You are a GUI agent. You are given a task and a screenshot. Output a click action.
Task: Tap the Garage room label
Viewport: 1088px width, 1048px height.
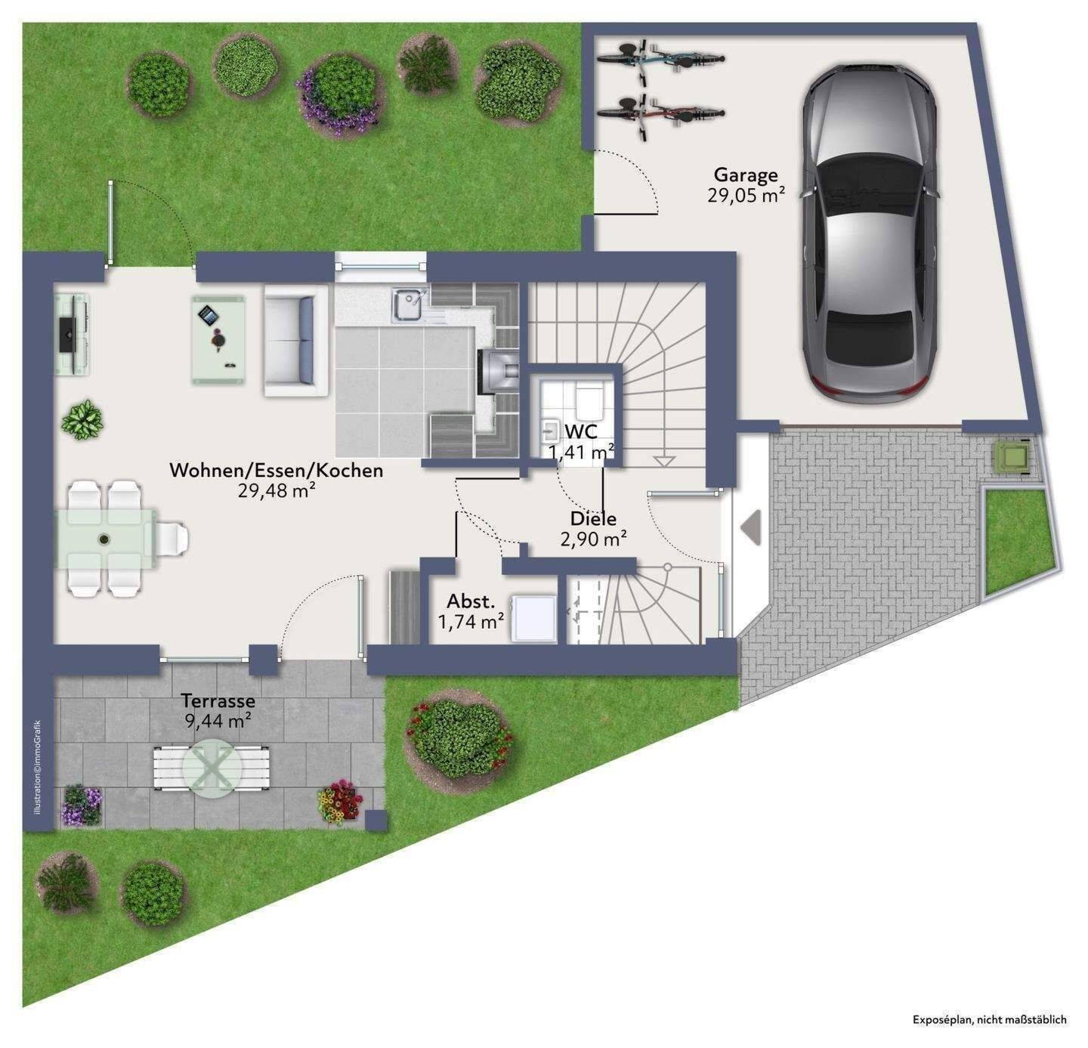746,175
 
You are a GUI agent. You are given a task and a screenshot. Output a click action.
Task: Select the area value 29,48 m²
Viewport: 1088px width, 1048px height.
277,490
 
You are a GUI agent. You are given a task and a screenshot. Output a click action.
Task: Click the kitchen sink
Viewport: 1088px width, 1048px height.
410,305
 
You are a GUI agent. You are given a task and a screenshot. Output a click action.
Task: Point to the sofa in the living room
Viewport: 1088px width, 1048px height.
295,341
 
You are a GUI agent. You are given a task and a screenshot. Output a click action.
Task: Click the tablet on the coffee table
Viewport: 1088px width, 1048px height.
208,315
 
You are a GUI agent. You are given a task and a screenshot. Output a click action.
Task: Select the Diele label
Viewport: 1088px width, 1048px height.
593,518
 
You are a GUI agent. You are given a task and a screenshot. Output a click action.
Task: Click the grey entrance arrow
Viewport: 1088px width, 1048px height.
751,527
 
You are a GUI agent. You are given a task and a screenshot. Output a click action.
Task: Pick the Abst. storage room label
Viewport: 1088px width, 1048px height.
471,601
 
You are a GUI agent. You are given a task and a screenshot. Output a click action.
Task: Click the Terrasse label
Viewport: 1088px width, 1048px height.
218,700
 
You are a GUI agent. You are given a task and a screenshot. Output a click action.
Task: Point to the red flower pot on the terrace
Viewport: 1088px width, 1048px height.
340,802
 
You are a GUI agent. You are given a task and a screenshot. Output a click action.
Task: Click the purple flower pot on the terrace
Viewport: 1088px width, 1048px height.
82,805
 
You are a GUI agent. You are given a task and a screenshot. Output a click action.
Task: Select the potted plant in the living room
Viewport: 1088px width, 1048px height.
82,419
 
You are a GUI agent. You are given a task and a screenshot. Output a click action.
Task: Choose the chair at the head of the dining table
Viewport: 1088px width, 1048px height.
172,538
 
